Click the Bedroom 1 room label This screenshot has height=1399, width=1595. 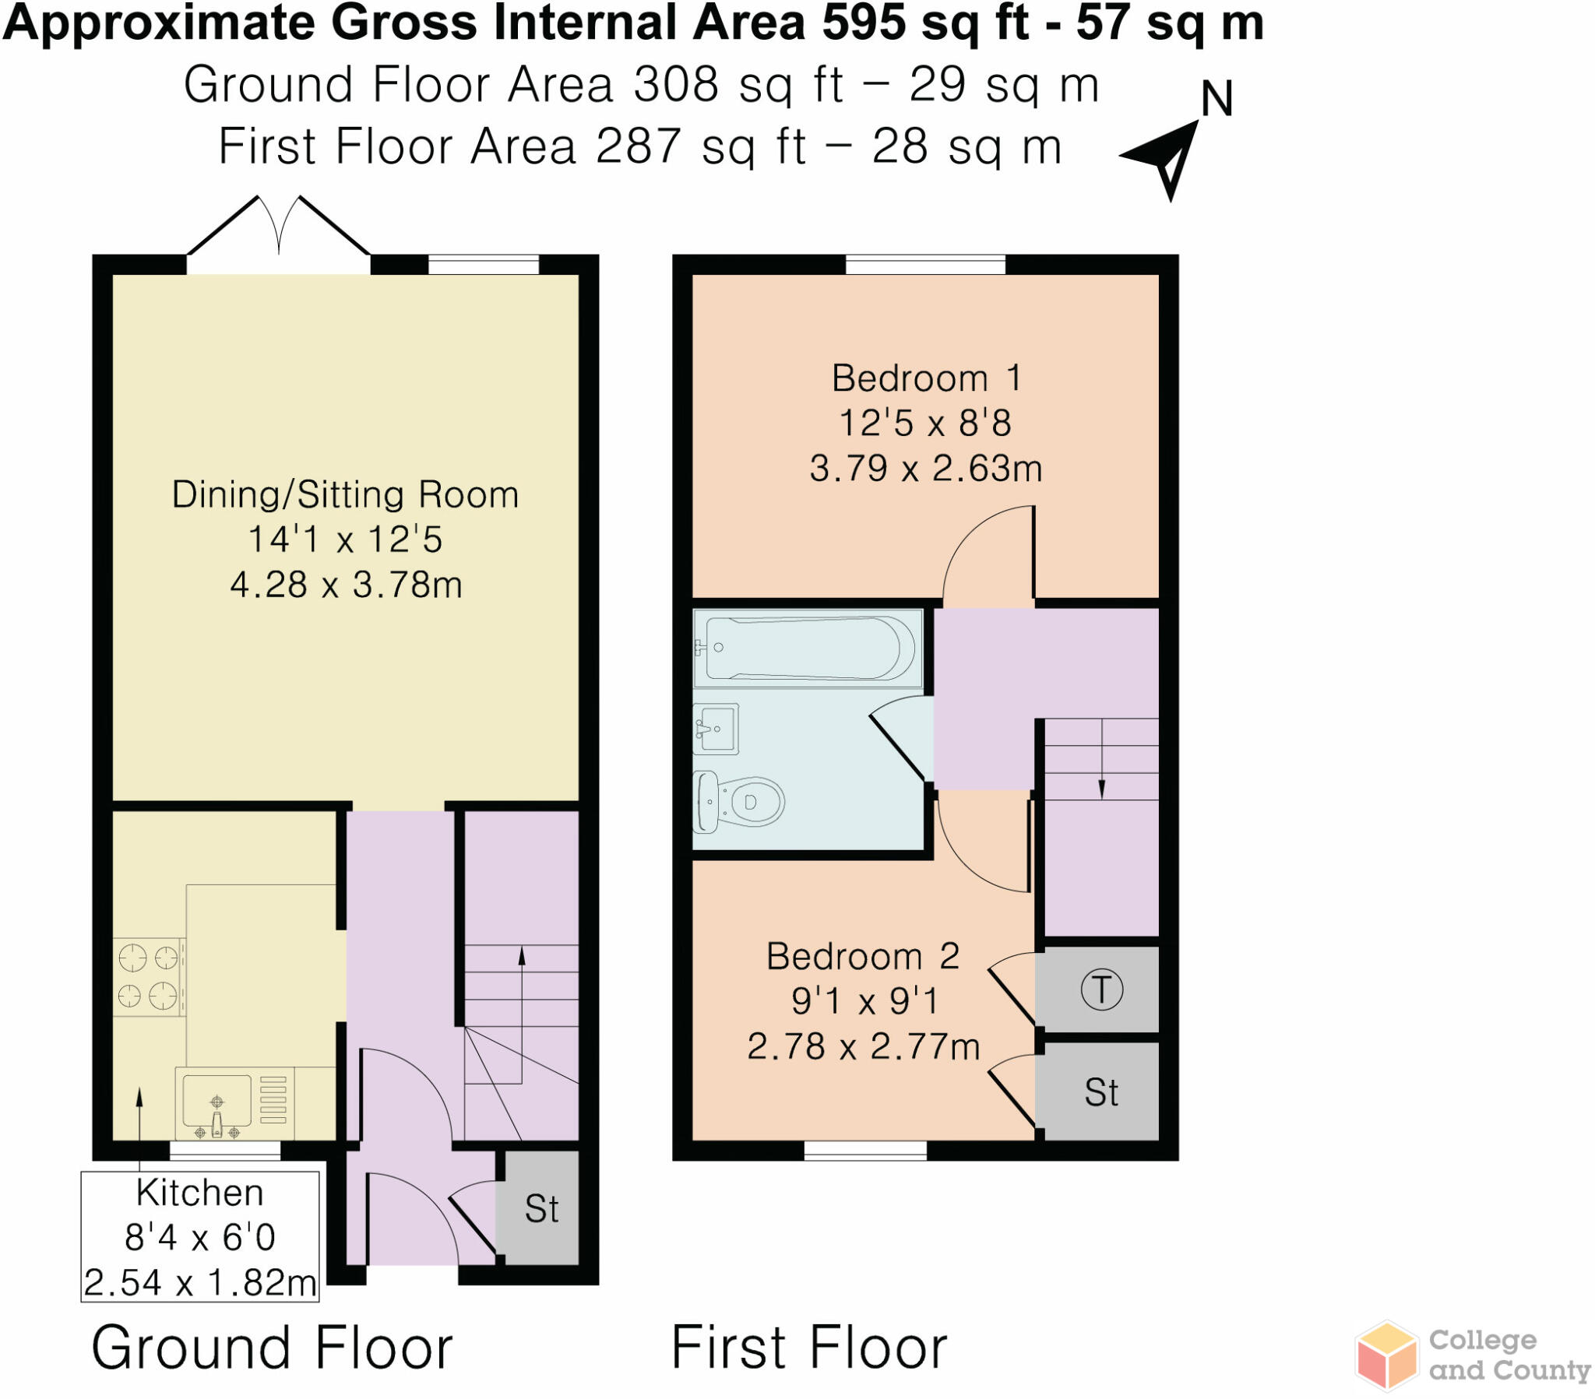point(925,379)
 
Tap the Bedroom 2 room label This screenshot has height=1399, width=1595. point(862,957)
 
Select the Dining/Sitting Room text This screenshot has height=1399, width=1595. point(345,494)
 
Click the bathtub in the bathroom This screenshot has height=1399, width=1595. point(808,649)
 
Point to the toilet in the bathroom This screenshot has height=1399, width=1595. point(739,801)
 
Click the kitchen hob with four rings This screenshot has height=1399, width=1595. point(148,977)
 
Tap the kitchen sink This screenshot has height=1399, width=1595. point(218,1102)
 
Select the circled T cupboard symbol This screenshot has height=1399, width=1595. point(1101,990)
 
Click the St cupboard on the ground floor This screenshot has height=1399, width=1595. point(540,1208)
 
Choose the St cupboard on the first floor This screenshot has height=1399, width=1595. point(1101,1092)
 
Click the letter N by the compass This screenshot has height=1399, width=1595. point(1216,100)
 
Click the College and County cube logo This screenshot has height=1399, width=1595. point(1386,1356)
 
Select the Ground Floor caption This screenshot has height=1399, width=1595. point(272,1348)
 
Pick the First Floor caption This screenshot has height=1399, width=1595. point(808,1348)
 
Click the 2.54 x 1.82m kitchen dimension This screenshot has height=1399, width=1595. point(200,1283)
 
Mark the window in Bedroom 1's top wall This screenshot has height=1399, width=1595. point(925,265)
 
